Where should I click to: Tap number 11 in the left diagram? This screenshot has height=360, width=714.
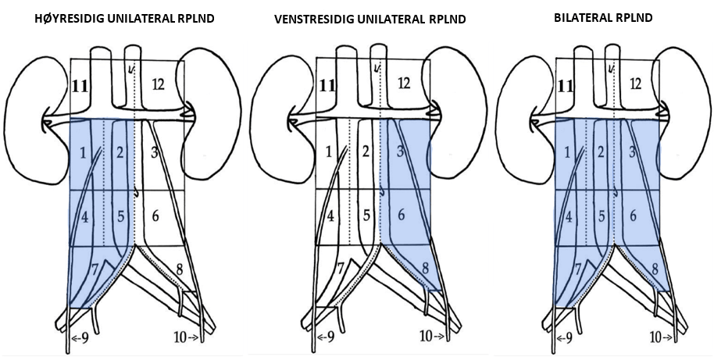pyautogui.click(x=81, y=84)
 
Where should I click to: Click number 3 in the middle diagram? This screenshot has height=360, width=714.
pyautogui.click(x=401, y=151)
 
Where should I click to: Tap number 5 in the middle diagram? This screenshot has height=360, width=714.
pyautogui.click(x=367, y=214)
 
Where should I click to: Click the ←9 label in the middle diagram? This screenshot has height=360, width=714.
pyautogui.click(x=325, y=338)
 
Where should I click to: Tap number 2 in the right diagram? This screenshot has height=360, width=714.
pyautogui.click(x=602, y=151)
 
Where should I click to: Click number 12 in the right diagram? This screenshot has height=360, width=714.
pyautogui.click(x=636, y=83)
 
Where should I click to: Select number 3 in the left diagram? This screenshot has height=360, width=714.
pyautogui.click(x=154, y=151)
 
